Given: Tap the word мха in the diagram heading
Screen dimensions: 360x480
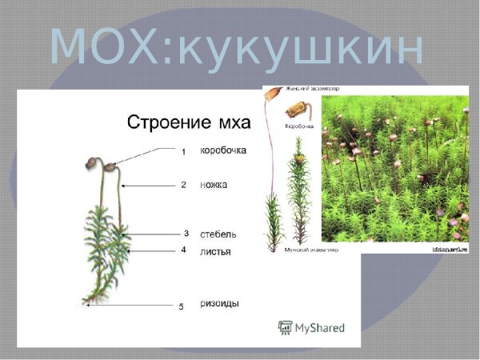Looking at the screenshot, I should pyautogui.click(x=231, y=123).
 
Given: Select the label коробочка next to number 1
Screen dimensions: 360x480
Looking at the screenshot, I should pyautogui.click(x=222, y=150).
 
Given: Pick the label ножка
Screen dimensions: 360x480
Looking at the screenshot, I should pyautogui.click(x=214, y=185).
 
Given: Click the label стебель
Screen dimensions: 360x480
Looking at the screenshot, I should pyautogui.click(x=218, y=234).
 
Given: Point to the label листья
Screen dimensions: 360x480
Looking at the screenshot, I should pyautogui.click(x=215, y=251).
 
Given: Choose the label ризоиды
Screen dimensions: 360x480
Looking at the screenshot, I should pyautogui.click(x=219, y=304).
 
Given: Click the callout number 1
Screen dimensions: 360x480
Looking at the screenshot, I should pyautogui.click(x=183, y=151).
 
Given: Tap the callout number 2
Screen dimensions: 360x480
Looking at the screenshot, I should pyautogui.click(x=183, y=185).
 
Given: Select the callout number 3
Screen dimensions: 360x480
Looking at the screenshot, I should pyautogui.click(x=186, y=234).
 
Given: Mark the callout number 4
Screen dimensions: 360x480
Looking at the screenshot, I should pyautogui.click(x=183, y=250).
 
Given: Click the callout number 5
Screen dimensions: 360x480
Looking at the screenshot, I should pyautogui.click(x=181, y=306).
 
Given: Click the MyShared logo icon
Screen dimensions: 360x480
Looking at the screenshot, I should pyautogui.click(x=285, y=327).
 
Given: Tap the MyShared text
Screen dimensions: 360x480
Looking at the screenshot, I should pyautogui.click(x=320, y=328).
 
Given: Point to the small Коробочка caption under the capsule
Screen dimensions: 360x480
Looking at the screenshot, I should pyautogui.click(x=299, y=126).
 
